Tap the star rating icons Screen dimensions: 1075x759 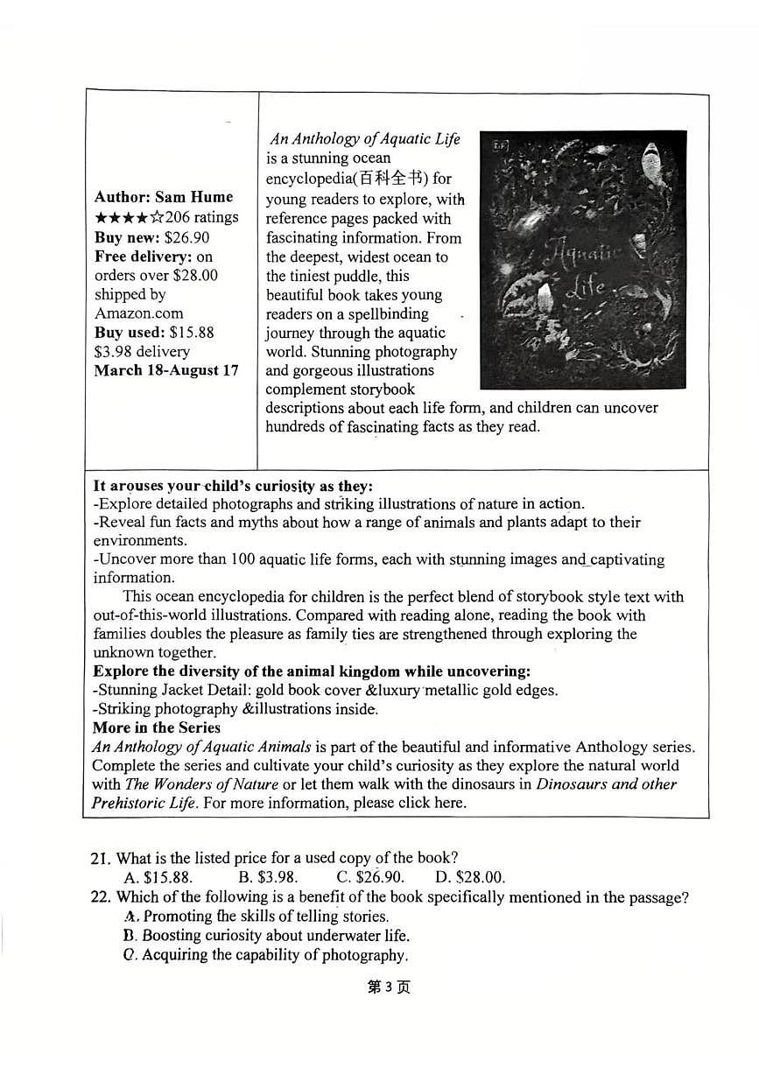pos(127,217)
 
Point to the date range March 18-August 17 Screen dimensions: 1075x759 pos(165,370)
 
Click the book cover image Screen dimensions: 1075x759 pos(582,259)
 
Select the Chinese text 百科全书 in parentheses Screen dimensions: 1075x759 pos(393,179)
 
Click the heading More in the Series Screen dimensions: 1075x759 pos(157,727)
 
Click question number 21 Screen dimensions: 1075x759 pos(101,858)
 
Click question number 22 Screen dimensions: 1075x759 pos(101,896)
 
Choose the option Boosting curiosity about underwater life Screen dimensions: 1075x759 pos(266,936)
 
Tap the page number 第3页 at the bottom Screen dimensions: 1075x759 pos(388,987)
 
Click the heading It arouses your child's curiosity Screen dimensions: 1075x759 pos(233,486)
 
